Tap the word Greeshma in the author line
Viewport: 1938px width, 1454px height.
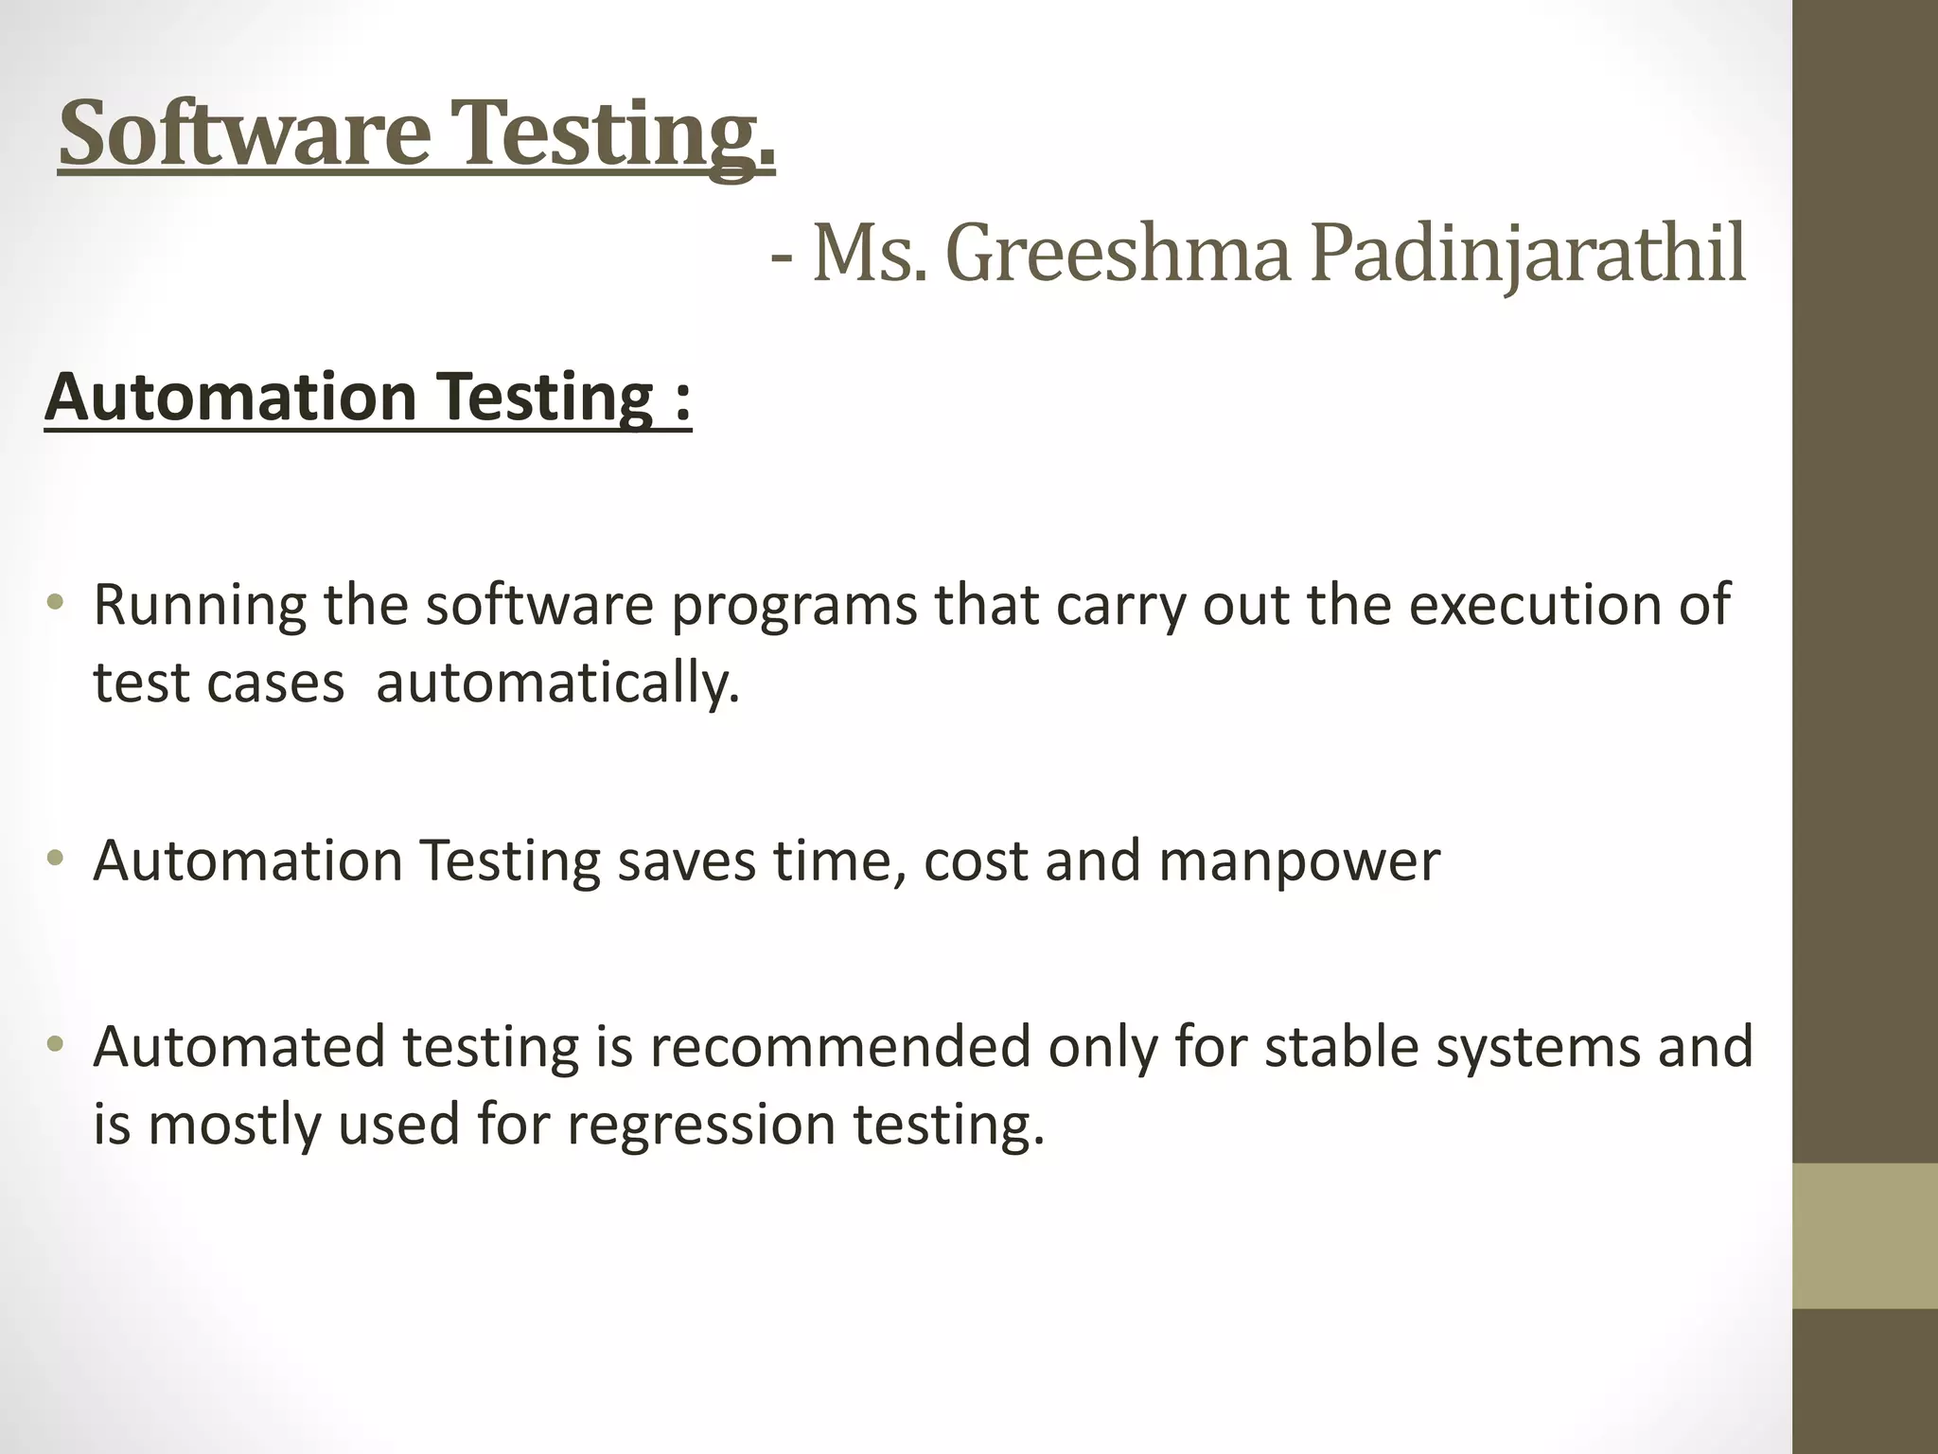(1118, 255)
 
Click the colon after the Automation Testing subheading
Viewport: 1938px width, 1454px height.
(682, 399)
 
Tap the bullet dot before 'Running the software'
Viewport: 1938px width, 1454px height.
(56, 602)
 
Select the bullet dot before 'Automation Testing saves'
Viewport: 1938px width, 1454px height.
(56, 859)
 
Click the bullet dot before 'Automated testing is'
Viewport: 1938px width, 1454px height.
(56, 1045)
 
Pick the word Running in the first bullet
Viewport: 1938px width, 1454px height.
(200, 606)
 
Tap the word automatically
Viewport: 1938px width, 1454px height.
(557, 683)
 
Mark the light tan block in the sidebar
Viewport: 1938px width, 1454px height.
(1864, 1235)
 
